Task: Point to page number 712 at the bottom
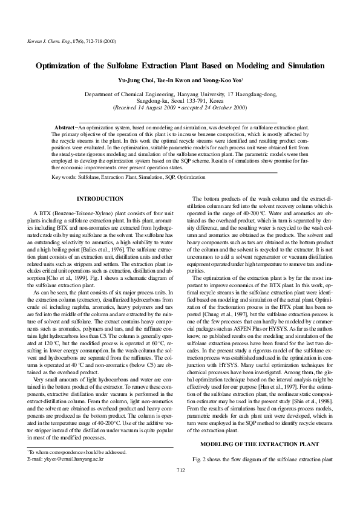point(180,487)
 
